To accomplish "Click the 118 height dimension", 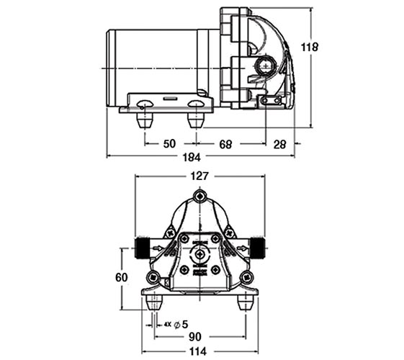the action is point(310,47).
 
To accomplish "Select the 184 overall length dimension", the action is point(191,157).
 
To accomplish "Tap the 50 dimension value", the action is point(169,144).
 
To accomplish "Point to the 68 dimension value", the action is point(225,144).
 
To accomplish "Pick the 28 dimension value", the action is point(279,145).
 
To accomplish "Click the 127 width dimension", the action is point(199,176).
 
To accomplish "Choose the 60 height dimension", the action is point(122,278).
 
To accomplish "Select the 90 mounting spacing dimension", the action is point(194,336).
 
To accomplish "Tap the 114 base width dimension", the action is point(198,351).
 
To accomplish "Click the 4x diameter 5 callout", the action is point(176,325).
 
